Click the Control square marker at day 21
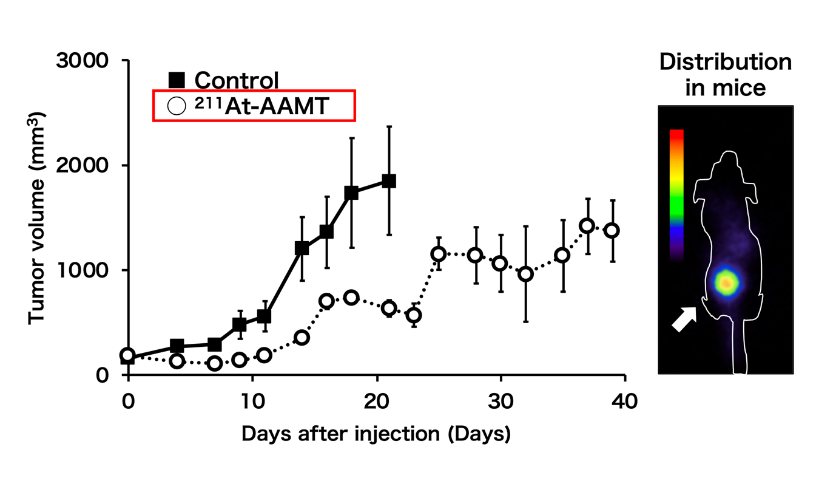[389, 181]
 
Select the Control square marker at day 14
[302, 248]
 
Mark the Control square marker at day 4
[177, 346]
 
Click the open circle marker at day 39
[612, 230]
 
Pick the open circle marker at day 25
[438, 253]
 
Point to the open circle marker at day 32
[526, 274]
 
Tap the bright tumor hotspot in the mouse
[726, 282]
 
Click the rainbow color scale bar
[676, 194]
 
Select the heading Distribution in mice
[726, 75]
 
